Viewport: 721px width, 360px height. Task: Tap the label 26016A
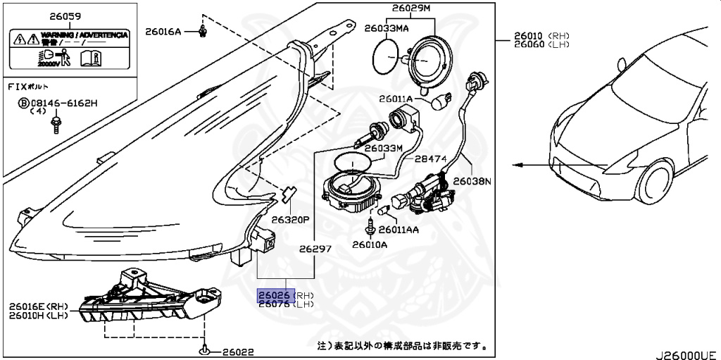(x=163, y=31)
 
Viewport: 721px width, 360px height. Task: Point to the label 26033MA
(x=386, y=29)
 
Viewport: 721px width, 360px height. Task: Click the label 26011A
(x=395, y=99)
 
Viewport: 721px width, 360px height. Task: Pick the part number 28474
(x=430, y=159)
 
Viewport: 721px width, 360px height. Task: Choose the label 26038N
(x=472, y=181)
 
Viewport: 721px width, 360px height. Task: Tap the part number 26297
(x=314, y=248)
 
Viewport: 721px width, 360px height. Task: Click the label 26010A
(x=370, y=245)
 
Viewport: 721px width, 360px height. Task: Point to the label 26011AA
(x=399, y=230)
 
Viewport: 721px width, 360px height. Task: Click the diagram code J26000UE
(x=686, y=354)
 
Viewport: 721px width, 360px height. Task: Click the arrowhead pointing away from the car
(x=518, y=165)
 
